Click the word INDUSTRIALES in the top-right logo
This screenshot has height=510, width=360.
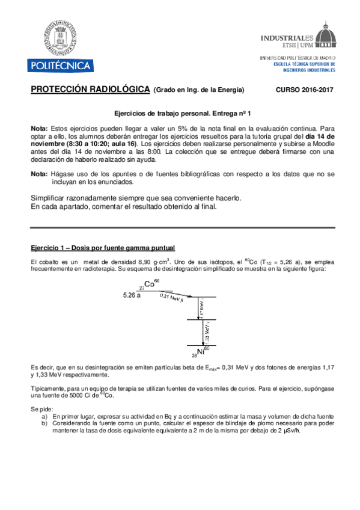pos(283,37)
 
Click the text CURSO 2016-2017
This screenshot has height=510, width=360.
pos(304,90)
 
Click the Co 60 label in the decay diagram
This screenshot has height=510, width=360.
pos(150,284)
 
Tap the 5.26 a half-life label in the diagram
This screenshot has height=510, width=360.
pos(131,295)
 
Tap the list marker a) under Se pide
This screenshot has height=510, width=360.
pos(44,416)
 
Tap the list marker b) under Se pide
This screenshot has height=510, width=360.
pos(44,423)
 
